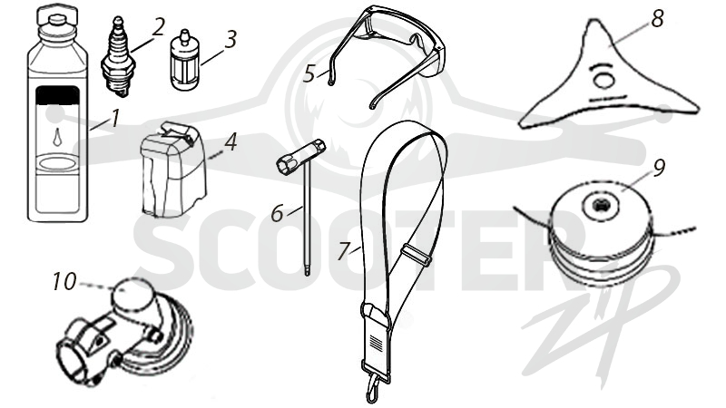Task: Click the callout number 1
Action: (115, 118)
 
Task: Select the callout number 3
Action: (231, 39)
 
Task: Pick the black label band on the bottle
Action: (57, 95)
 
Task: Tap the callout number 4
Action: (231, 142)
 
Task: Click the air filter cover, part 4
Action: (173, 170)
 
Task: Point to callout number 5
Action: (309, 74)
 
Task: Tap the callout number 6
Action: (277, 213)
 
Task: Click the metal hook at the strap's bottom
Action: (373, 388)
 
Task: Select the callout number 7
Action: (344, 251)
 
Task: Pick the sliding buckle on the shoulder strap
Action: (417, 255)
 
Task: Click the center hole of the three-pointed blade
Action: (603, 80)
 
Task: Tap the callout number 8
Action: (657, 19)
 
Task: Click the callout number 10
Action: (64, 282)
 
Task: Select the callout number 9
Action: (660, 168)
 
